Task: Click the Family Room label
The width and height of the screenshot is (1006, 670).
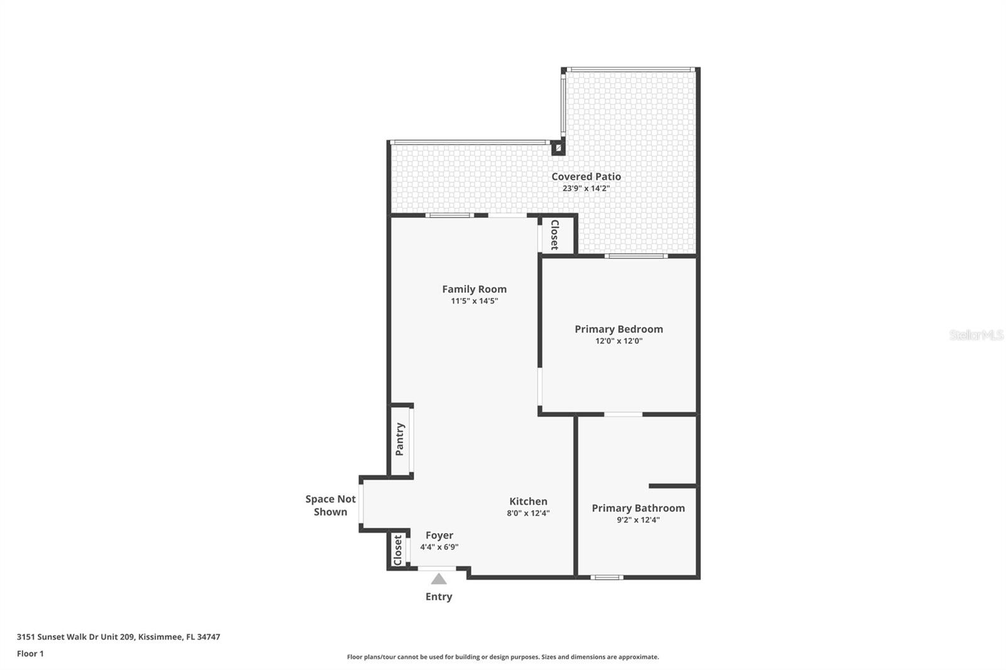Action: tap(474, 289)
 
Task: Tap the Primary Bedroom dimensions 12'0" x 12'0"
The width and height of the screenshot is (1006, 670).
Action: tap(619, 341)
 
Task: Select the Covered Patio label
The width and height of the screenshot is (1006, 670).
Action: tap(586, 177)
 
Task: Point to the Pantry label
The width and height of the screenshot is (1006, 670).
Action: tap(400, 439)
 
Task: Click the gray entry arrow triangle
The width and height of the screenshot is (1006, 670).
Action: tap(439, 579)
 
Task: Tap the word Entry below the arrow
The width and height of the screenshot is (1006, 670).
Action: tap(439, 596)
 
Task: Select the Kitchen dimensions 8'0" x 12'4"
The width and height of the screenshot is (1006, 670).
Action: tap(528, 513)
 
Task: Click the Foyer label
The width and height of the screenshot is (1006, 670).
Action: tap(439, 535)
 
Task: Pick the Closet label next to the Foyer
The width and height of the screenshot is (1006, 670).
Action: tap(397, 551)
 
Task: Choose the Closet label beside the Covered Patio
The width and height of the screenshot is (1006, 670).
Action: tap(555, 234)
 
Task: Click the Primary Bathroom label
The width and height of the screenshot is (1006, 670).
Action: tap(638, 508)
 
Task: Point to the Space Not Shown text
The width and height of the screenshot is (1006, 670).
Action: tap(330, 505)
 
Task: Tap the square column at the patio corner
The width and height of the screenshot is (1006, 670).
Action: tap(558, 148)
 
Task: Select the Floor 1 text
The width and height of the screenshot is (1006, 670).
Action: tap(30, 654)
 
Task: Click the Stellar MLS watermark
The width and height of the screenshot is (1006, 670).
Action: tap(976, 335)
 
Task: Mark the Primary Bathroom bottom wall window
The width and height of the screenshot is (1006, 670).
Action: tap(607, 577)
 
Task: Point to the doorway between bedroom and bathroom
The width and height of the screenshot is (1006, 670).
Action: tap(623, 414)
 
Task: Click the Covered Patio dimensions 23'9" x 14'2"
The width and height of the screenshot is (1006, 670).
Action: tap(586, 188)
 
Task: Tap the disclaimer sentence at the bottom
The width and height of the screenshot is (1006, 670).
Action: tap(503, 657)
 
